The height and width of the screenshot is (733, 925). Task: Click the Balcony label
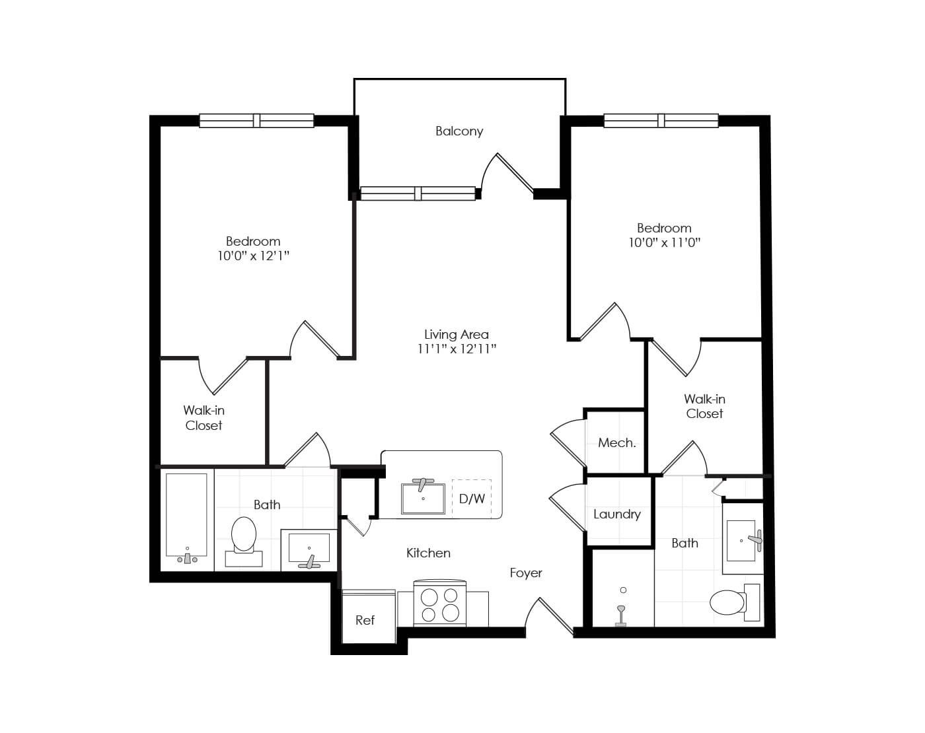pos(459,131)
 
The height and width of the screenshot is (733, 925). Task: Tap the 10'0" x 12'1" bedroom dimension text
pos(253,256)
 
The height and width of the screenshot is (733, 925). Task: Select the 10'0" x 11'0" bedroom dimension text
pos(664,243)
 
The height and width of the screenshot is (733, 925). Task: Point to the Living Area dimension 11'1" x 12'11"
pos(457,349)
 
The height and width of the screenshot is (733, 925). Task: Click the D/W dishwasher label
pos(472,499)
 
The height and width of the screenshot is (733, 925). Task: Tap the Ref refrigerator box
pos(365,619)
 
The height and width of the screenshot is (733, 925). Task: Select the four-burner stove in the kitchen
pos(440,604)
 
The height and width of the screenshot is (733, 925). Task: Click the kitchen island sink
pos(423,498)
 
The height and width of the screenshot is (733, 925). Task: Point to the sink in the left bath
pos(309,550)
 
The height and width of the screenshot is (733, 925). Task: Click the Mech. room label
pos(616,443)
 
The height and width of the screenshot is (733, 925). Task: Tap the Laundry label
pos(616,514)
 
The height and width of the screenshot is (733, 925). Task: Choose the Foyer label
pos(526,573)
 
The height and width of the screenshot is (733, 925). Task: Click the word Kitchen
pos(428,553)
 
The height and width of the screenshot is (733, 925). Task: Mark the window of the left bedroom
pos(256,121)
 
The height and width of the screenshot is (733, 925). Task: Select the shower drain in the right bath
pos(623,590)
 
